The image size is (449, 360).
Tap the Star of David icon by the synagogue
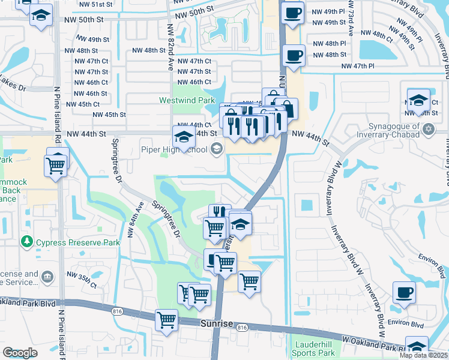pyautogui.click(x=428, y=129)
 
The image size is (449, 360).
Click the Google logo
pyautogui.click(x=20, y=352)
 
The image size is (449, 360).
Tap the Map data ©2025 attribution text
pyautogui.click(x=424, y=355)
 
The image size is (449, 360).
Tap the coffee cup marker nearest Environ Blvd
pyautogui.click(x=404, y=292)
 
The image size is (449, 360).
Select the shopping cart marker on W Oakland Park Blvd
pyautogui.click(x=166, y=319)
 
